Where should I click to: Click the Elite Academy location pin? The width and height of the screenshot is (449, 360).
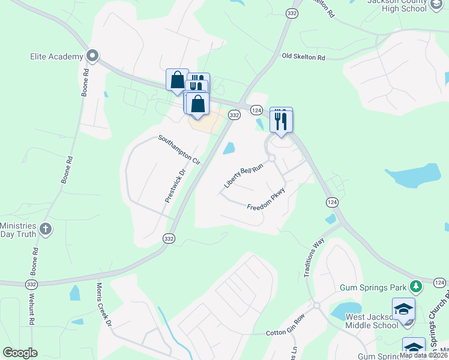click(x=92, y=56)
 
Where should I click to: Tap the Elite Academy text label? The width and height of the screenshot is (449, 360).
click(x=56, y=56)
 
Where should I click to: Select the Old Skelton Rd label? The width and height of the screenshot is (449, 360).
click(x=303, y=57)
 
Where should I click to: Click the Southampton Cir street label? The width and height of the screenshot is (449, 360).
click(x=179, y=150)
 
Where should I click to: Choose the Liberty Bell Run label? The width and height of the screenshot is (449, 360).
click(x=244, y=177)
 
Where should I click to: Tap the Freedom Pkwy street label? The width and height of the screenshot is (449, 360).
click(x=265, y=200)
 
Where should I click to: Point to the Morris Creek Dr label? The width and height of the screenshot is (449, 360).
click(x=103, y=305)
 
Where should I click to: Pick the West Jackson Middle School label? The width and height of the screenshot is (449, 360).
click(x=372, y=321)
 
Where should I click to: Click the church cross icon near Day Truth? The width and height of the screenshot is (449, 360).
click(x=46, y=229)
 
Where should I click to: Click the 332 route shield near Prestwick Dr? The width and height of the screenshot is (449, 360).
click(x=169, y=238)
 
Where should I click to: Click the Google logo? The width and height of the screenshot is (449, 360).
click(x=20, y=353)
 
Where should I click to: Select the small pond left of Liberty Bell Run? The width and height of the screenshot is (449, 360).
click(x=229, y=148)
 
